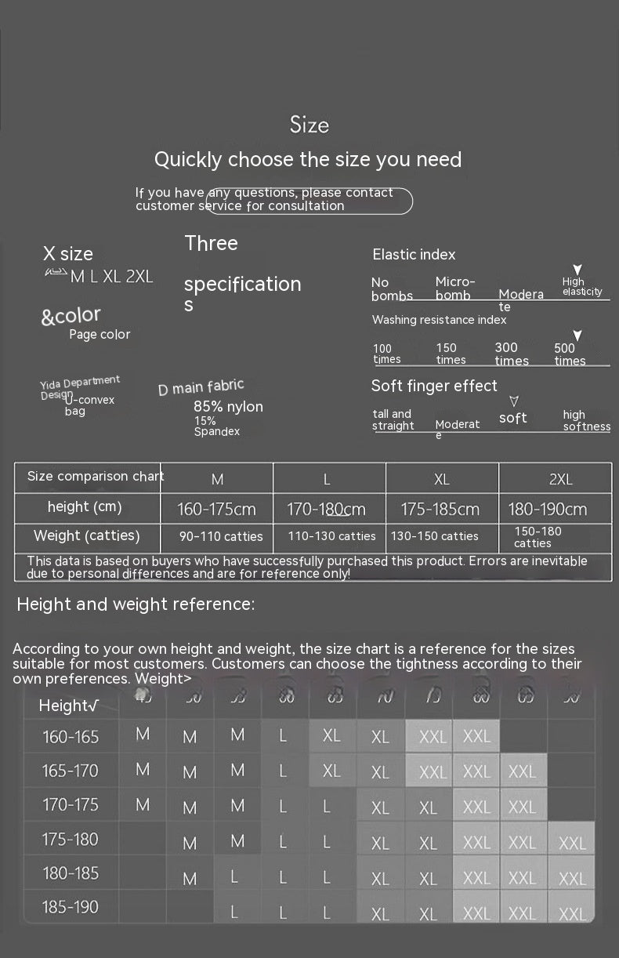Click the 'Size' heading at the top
pos(309,125)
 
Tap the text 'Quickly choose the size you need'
pos(308,160)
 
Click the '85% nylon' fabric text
pos(228,407)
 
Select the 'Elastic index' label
pos(414,255)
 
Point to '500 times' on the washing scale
pos(570,354)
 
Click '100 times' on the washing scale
pos(386,354)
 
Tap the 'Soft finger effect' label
pos(434,386)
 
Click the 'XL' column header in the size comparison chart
pos(441,479)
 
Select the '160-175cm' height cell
pos(216,510)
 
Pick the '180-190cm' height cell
pos(547,510)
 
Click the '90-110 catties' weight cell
pos(221,537)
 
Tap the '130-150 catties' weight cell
pos(434,536)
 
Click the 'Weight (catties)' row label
pos(86,536)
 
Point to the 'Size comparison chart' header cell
pos(96,477)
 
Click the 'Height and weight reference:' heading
pos(136,604)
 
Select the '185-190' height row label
pos(70,907)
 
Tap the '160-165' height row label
pos(71,737)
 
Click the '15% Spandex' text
pos(216,426)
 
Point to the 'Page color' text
pos(100,335)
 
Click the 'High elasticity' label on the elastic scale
pos(581,287)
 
